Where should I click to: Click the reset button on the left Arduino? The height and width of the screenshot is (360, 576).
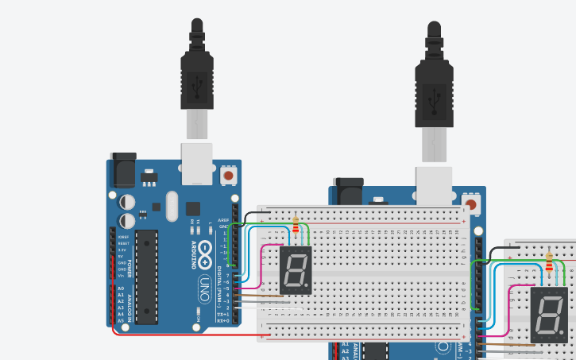pyautogui.click(x=229, y=175)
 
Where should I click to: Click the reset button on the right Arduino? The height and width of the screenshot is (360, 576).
pyautogui.click(x=473, y=205)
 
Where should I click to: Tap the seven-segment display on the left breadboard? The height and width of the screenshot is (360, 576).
pyautogui.click(x=295, y=269)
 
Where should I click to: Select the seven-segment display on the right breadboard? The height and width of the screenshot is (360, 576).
pyautogui.click(x=549, y=315)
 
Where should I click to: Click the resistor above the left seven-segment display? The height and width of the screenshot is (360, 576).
pyautogui.click(x=296, y=226)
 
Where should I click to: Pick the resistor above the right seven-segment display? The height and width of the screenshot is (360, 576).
pyautogui.click(x=551, y=261)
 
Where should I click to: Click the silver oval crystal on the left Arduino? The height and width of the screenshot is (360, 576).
pyautogui.click(x=172, y=206)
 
